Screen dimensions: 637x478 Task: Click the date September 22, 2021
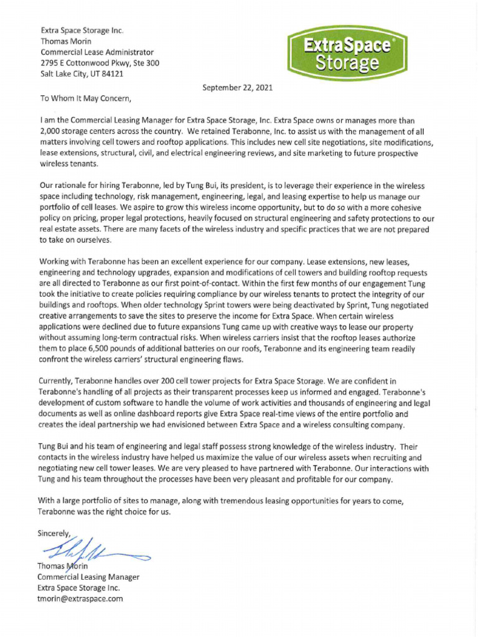[x=237, y=88]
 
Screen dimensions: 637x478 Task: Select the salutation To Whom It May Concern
[x=87, y=98]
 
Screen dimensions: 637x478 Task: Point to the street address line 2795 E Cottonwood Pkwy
[x=100, y=63]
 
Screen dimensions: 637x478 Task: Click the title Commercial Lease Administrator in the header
[x=96, y=52]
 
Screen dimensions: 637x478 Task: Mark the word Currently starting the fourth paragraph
[x=60, y=380]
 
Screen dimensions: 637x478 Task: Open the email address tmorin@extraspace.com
[x=80, y=598]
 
